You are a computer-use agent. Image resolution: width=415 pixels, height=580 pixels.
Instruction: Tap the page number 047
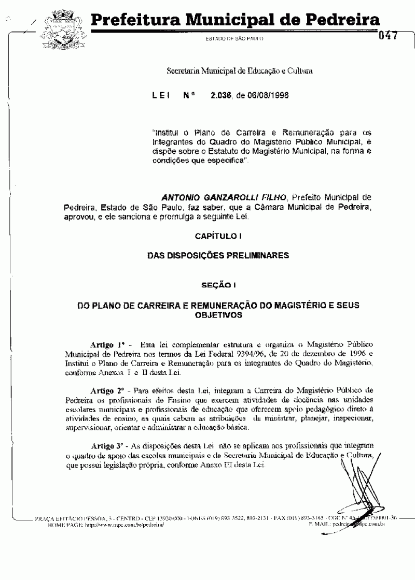pyautogui.click(x=388, y=36)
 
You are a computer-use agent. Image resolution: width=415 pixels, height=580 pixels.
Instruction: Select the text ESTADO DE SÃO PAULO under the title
pyautogui.click(x=235, y=39)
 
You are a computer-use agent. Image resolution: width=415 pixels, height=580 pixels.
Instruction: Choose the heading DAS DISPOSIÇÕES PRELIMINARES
pyautogui.click(x=218, y=255)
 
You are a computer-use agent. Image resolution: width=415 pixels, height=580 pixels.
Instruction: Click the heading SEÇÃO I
pyautogui.click(x=218, y=285)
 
